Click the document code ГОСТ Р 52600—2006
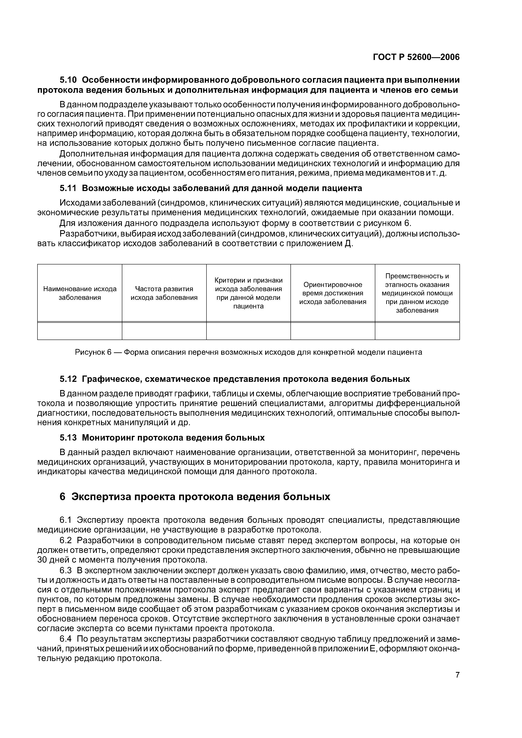click(x=416, y=57)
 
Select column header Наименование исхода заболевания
click(x=80, y=293)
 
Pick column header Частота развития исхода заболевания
click(x=164, y=293)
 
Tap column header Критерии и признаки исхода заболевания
click(x=248, y=293)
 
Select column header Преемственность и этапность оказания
click(x=417, y=293)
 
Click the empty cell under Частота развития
click(x=164, y=331)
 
